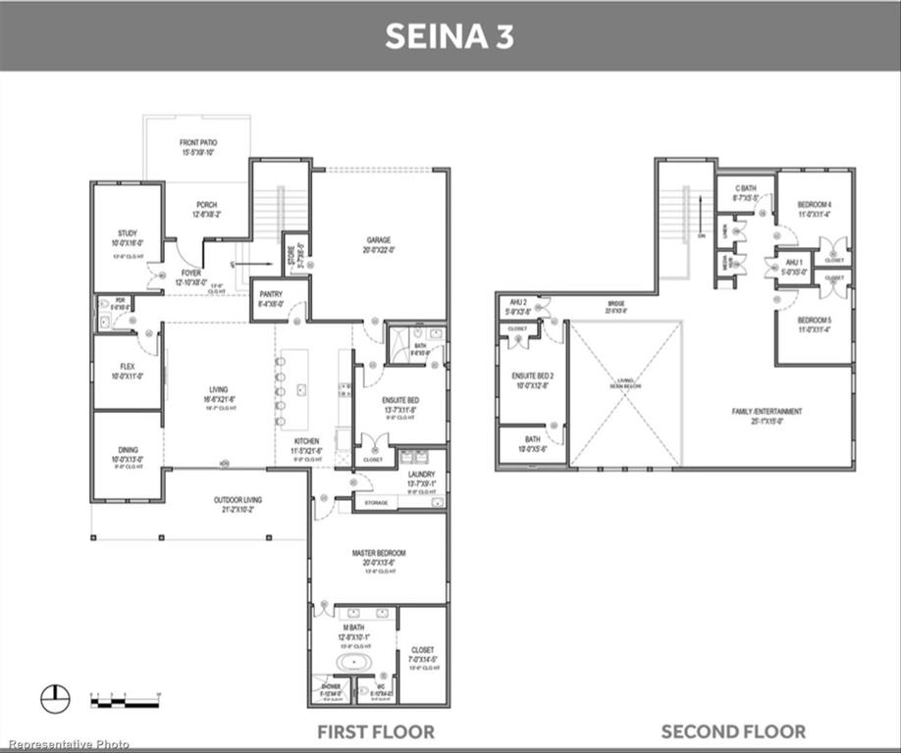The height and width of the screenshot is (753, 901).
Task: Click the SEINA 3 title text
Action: [450, 36]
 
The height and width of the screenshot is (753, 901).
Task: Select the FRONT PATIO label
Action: [197, 143]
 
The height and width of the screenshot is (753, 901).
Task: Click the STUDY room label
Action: [126, 233]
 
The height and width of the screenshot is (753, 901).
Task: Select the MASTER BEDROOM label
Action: [378, 553]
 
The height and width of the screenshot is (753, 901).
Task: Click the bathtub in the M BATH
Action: [354, 662]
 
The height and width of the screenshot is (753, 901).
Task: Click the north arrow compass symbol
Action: [55, 698]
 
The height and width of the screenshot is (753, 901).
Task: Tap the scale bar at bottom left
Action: [124, 697]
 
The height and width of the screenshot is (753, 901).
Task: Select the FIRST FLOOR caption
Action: [375, 731]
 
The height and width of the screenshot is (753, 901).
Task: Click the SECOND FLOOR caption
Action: [733, 731]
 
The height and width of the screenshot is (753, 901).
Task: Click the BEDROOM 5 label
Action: [813, 321]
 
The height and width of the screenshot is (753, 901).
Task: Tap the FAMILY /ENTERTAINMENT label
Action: [767, 411]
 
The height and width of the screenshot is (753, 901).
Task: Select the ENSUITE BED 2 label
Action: [532, 376]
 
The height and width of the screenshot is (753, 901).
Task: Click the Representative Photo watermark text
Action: [66, 744]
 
